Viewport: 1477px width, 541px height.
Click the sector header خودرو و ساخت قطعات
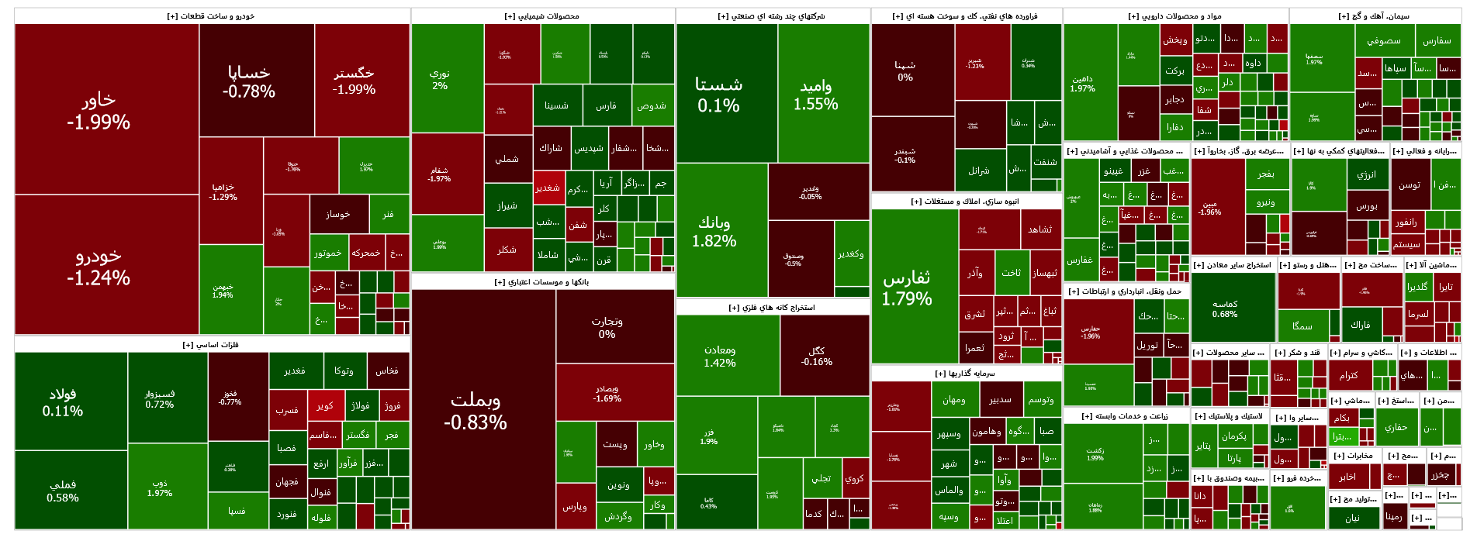[x=211, y=16]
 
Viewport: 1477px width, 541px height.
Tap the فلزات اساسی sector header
[x=211, y=345]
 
